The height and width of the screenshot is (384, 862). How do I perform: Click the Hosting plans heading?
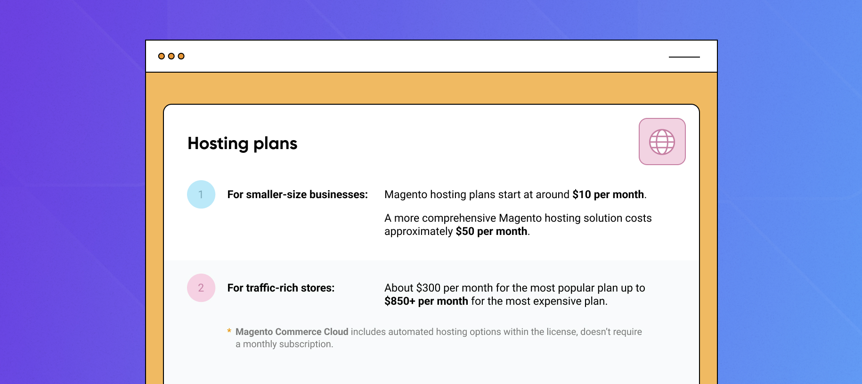pyautogui.click(x=243, y=143)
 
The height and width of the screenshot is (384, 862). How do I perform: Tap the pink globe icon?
pyautogui.click(x=662, y=142)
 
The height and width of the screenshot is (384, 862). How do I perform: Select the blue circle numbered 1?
pyautogui.click(x=201, y=194)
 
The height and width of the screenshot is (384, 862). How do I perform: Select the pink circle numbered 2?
pyautogui.click(x=201, y=288)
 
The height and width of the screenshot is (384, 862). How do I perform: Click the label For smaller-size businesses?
pyautogui.click(x=298, y=194)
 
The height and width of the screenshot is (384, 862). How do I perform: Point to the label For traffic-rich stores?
pyautogui.click(x=281, y=288)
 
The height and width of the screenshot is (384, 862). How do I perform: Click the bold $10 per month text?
pyautogui.click(x=608, y=194)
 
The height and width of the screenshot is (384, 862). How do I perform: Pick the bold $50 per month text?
pyautogui.click(x=491, y=231)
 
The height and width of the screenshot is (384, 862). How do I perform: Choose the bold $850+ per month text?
pyautogui.click(x=426, y=301)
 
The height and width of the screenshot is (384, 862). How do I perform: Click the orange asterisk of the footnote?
pyautogui.click(x=229, y=331)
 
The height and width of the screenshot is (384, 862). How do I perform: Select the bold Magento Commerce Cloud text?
pyautogui.click(x=292, y=332)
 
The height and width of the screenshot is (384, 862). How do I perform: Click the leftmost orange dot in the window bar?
pyautogui.click(x=162, y=56)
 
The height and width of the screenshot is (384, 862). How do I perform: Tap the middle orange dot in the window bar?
pyautogui.click(x=171, y=56)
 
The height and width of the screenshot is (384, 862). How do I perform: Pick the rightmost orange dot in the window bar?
pyautogui.click(x=181, y=56)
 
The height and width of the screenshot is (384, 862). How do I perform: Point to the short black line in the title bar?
pyautogui.click(x=684, y=57)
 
